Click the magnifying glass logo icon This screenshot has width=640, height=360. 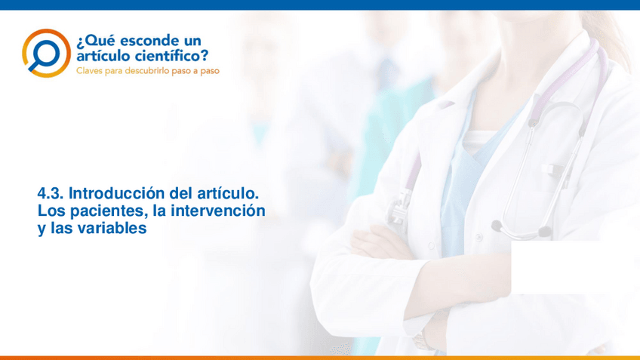click(x=46, y=53)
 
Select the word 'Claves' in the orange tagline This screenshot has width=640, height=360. click(x=89, y=71)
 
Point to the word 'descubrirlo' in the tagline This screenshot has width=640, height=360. click(x=147, y=71)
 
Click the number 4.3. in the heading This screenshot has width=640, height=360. click(x=51, y=193)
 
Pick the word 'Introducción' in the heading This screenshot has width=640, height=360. click(x=117, y=193)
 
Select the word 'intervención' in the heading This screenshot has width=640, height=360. click(x=218, y=211)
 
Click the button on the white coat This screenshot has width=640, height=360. click(x=478, y=237)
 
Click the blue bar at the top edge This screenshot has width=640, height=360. click(x=320, y=5)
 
